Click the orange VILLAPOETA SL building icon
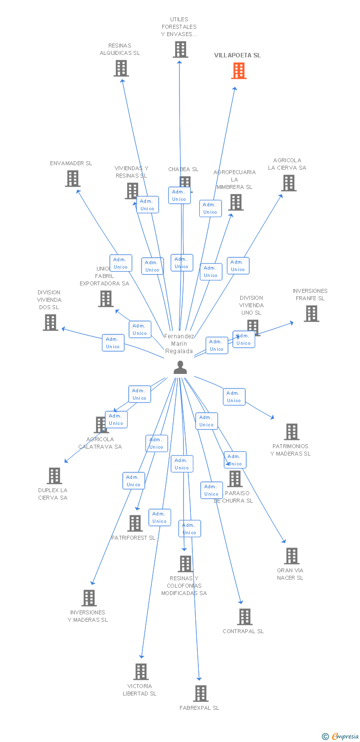[x=239, y=71]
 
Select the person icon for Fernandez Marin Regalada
[x=180, y=368]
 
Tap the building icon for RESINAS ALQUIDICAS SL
[x=121, y=68]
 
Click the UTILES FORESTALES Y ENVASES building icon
[x=180, y=49]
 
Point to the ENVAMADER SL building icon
[x=73, y=179]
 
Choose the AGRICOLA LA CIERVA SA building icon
[x=289, y=183]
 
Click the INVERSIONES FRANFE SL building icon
[x=311, y=314]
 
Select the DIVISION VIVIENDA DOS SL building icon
[x=50, y=323]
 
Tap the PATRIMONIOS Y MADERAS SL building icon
[x=292, y=432]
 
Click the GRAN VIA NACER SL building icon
[x=292, y=556]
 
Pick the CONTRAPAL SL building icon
[x=245, y=617]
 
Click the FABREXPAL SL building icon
[x=201, y=694]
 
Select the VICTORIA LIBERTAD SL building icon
[x=141, y=672]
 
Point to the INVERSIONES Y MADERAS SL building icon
[x=89, y=598]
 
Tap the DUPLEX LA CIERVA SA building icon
[x=54, y=476]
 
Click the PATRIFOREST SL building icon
[x=135, y=523]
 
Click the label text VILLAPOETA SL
[x=237, y=55]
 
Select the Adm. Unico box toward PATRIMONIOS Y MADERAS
[x=234, y=397]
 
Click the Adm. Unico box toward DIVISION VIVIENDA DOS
[x=113, y=343]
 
